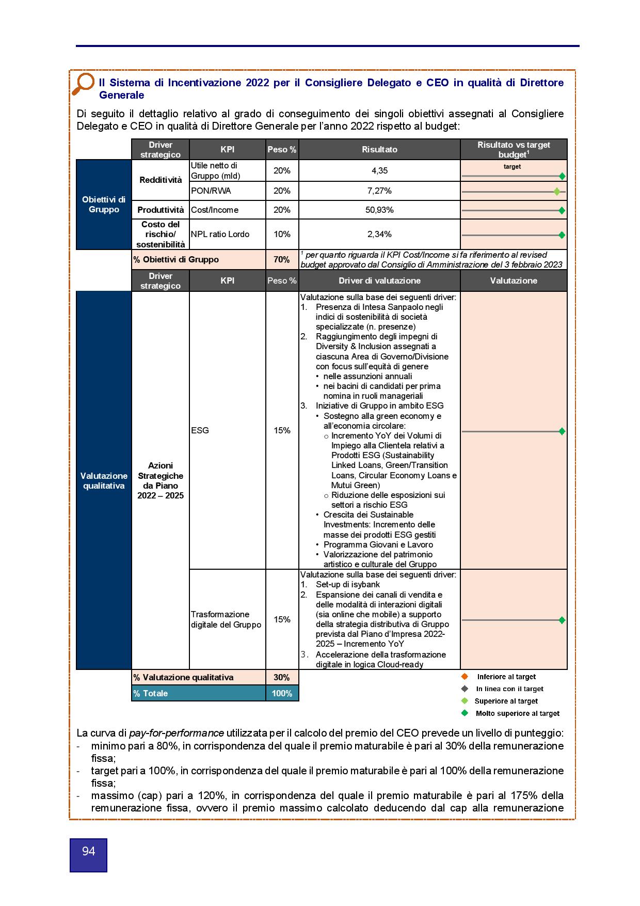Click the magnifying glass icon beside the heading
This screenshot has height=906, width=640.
pyautogui.click(x=83, y=84)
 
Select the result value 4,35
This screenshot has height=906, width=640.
pyautogui.click(x=379, y=170)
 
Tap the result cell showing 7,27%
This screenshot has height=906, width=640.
pyautogui.click(x=379, y=191)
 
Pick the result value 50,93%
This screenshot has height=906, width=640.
pyautogui.click(x=379, y=210)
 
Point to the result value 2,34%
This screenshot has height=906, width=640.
pyautogui.click(x=379, y=234)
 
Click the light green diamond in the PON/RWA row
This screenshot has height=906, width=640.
pyautogui.click(x=557, y=192)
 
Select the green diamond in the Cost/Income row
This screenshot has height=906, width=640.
pyautogui.click(x=562, y=211)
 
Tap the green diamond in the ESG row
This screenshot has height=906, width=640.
pyautogui.click(x=562, y=431)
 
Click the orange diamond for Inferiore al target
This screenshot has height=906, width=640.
pyautogui.click(x=465, y=677)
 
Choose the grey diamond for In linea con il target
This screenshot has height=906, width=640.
pyautogui.click(x=465, y=689)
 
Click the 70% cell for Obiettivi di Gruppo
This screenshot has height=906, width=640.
pyautogui.click(x=282, y=259)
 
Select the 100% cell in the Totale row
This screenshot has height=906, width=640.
pyautogui.click(x=282, y=693)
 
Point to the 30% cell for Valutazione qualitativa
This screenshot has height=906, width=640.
pyautogui.click(x=282, y=677)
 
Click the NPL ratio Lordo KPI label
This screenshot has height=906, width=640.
pyautogui.click(x=220, y=234)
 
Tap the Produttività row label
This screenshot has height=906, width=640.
pyautogui.click(x=161, y=210)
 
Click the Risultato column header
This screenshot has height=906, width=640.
pyautogui.click(x=379, y=149)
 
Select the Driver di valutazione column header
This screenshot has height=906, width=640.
pyautogui.click(x=379, y=280)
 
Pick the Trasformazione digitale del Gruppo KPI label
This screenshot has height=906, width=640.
pyautogui.click(x=226, y=619)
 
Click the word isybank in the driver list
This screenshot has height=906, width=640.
pyautogui.click(x=365, y=584)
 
